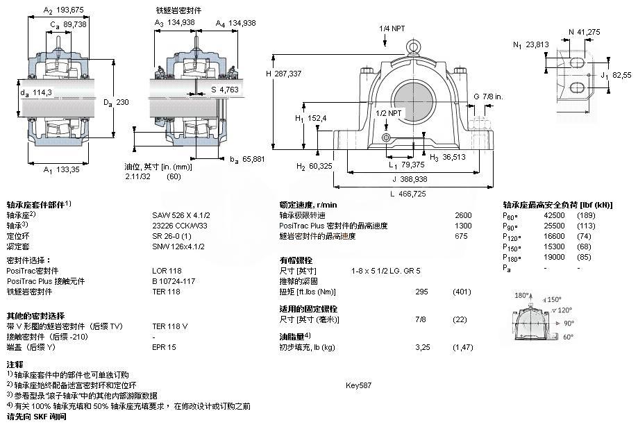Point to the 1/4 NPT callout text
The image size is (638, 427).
pyautogui.click(x=392, y=28)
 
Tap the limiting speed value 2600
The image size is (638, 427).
pyautogui.click(x=462, y=215)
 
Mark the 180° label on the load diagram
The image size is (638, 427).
pyautogui.click(x=521, y=295)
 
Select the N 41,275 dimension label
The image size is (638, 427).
pyautogui.click(x=585, y=32)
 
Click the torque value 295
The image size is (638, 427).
pyautogui.click(x=421, y=292)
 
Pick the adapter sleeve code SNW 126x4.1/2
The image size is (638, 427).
pyautogui.click(x=178, y=246)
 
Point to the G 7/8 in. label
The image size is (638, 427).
pyautogui.click(x=489, y=96)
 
